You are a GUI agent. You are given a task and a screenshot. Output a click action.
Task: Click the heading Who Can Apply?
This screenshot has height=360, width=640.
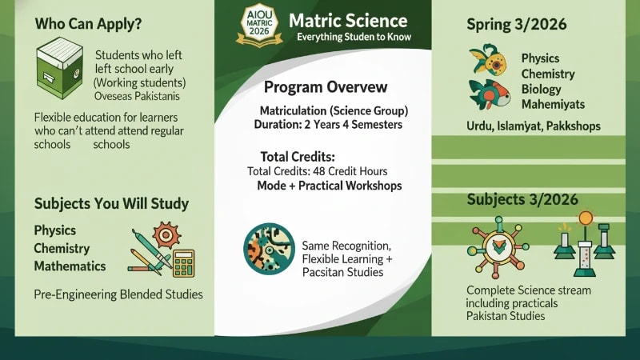pos(88,24)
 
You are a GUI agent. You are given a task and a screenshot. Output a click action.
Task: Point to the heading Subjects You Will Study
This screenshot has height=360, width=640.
pos(111,203)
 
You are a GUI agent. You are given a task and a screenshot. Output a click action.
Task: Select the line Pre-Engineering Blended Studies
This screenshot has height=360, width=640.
pos(118,294)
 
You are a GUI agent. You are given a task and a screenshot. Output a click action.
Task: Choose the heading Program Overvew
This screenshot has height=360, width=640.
pos(325,86)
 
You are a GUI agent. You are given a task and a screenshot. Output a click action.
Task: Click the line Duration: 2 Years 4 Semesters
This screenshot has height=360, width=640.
pos(328,125)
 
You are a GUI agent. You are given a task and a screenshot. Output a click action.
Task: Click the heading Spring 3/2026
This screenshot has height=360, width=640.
pos(517,24)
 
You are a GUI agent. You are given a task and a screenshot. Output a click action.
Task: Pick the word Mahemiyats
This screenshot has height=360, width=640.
pos(553,104)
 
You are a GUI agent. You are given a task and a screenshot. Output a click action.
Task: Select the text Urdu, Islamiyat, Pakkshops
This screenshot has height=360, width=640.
pos(533,127)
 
